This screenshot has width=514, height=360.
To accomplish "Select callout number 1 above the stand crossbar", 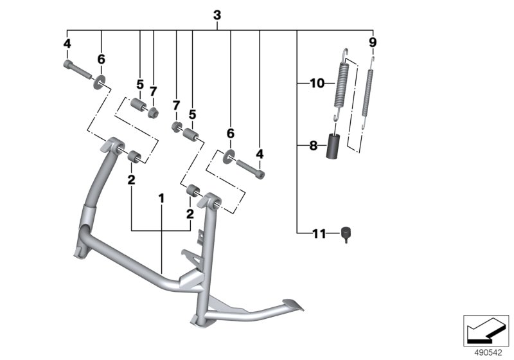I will [162, 199].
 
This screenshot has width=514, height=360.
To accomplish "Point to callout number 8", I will [314, 146].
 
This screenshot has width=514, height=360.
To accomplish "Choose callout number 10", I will [317, 83].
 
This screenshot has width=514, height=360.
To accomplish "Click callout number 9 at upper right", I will [373, 42].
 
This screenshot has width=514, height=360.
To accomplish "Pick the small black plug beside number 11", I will [346, 233].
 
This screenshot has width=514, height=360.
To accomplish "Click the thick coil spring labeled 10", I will [341, 84].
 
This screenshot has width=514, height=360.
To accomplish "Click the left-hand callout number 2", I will [131, 181].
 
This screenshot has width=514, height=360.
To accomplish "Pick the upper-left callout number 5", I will [139, 84].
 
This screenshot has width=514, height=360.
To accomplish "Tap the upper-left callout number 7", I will [154, 91].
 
